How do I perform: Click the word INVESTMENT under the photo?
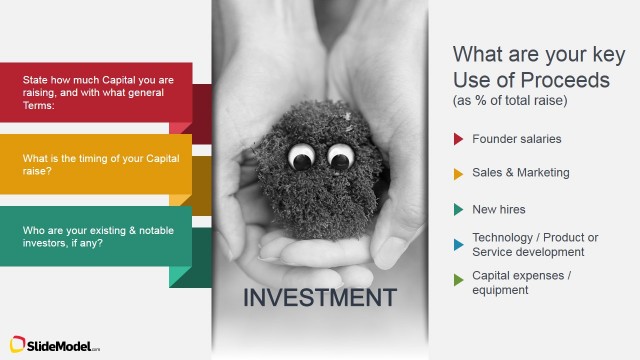pyautogui.click(x=320, y=297)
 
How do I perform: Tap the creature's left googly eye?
pyautogui.click(x=301, y=156)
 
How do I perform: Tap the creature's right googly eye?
pyautogui.click(x=340, y=156)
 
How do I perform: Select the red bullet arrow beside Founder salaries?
pyautogui.click(x=458, y=139)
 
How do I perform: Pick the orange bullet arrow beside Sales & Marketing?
pyautogui.click(x=458, y=174)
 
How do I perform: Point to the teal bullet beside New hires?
pyautogui.click(x=458, y=210)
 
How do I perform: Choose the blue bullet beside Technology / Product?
pyautogui.click(x=458, y=243)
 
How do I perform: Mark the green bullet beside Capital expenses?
pyautogui.click(x=458, y=281)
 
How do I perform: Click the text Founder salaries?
pyautogui.click(x=516, y=139)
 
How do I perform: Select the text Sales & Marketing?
pyautogui.click(x=520, y=173)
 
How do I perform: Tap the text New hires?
pyautogui.click(x=498, y=209)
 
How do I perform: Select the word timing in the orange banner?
pyautogui.click(x=92, y=159)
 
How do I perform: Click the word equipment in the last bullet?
pyautogui.click(x=501, y=290)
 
